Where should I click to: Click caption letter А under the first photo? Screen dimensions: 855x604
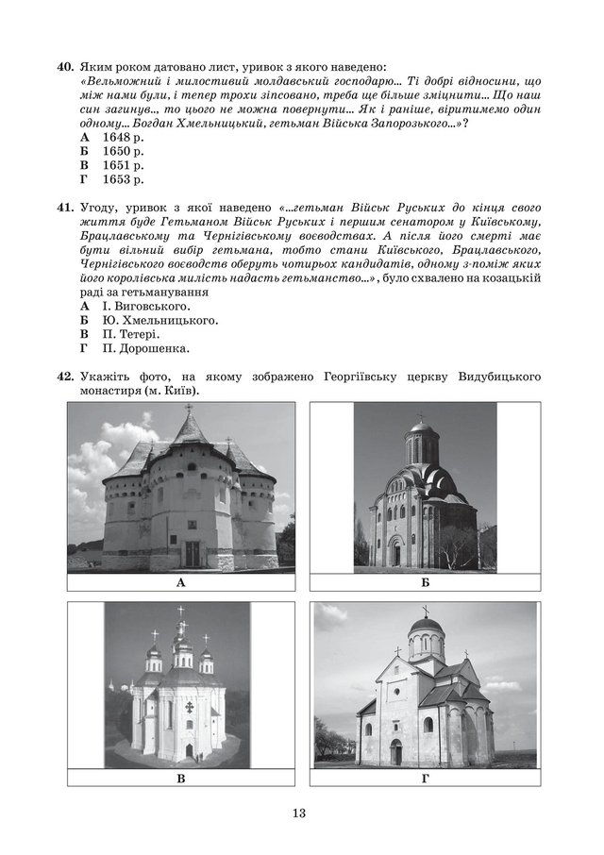coord(180,584)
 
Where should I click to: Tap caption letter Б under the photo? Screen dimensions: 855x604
coord(425,584)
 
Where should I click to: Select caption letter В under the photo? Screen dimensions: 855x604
coord(180,780)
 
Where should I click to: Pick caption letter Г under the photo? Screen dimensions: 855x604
coord(425,780)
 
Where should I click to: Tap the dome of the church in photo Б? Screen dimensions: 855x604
coord(422,432)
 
